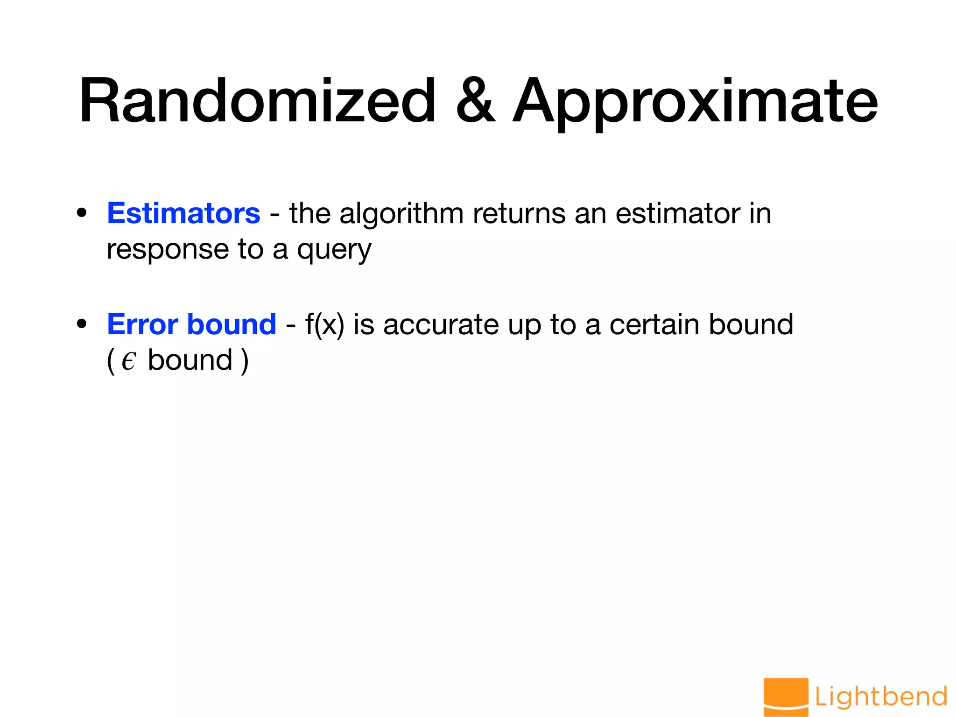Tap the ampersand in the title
coord(475,101)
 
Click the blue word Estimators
coord(183,214)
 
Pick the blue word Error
coord(142,324)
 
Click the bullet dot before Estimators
coord(82,213)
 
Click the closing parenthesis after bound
coord(245,361)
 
